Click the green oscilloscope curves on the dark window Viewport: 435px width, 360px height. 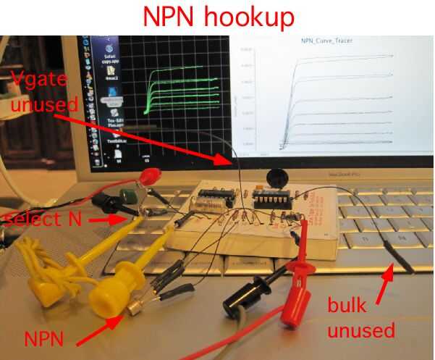(181, 91)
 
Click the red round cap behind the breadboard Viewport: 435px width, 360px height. (151, 175)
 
